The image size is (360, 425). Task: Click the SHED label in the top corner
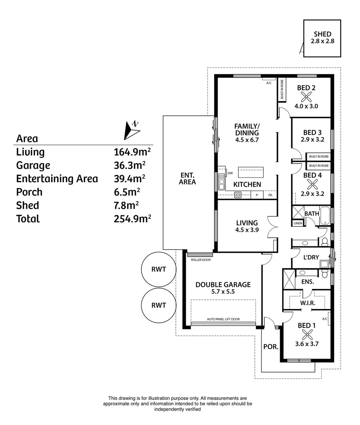[x=322, y=34]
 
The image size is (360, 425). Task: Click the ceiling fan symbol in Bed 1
[x=306, y=334]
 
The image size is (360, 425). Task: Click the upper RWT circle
[x=158, y=270]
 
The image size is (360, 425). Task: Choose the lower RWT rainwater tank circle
[x=158, y=305]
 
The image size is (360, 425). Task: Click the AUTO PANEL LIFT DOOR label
[x=223, y=319]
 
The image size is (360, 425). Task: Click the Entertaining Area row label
[x=57, y=179]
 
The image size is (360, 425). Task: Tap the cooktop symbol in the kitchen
[x=238, y=194]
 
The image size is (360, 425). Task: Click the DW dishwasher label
[x=230, y=173]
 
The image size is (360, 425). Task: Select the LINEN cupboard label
[x=297, y=223]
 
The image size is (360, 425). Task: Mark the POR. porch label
[x=271, y=347]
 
